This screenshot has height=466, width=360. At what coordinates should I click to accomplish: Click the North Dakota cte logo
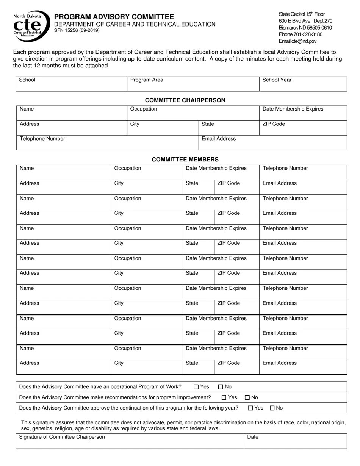tap(31, 26)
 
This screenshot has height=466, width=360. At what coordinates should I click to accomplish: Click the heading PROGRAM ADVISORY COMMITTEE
tap(114, 17)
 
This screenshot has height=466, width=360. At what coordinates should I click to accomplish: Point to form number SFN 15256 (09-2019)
tap(77, 30)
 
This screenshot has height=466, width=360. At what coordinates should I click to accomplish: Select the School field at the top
tap(71, 84)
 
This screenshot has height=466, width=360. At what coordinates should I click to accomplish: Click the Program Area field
tap(193, 84)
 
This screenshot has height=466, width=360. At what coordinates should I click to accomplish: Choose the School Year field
tap(303, 84)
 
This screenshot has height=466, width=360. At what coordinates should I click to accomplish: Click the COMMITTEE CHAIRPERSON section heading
tap(185, 100)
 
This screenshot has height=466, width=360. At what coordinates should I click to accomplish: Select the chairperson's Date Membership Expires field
tap(303, 113)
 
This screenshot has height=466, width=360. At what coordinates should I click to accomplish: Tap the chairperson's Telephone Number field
tap(107, 143)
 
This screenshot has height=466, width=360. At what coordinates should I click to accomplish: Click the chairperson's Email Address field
tap(272, 143)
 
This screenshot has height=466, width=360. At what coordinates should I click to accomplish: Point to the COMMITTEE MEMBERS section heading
tap(185, 160)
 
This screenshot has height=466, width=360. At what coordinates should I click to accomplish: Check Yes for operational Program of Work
tap(196, 387)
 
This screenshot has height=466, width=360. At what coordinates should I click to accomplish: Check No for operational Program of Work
tap(221, 387)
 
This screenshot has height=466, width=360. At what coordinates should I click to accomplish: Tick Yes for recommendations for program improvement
tap(224, 397)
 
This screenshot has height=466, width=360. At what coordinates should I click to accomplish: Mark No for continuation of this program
tap(272, 408)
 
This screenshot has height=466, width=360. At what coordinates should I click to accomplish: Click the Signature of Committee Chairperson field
tap(130, 441)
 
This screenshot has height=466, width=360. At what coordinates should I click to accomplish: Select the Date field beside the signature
tap(295, 441)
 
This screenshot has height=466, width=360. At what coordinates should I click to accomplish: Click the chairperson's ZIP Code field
tap(303, 128)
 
